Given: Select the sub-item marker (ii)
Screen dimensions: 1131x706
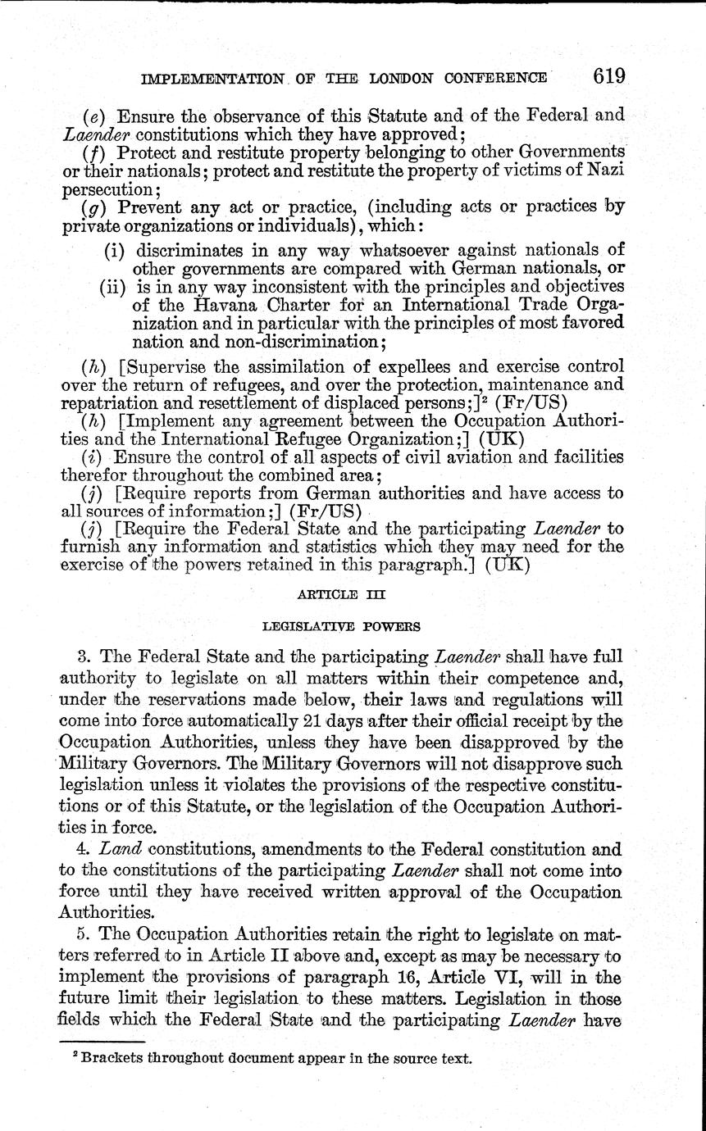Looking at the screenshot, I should [x=113, y=287].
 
